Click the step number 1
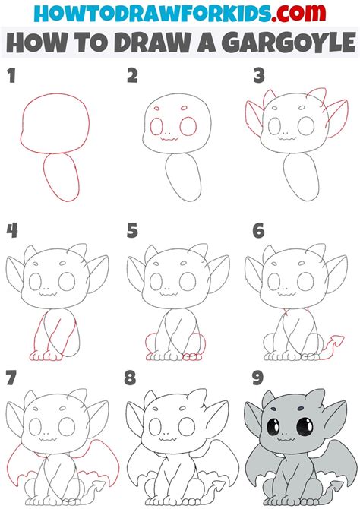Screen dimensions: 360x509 point(11,75)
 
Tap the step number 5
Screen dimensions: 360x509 point(132,231)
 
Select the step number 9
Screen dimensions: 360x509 point(257,378)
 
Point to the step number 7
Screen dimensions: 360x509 point(11,378)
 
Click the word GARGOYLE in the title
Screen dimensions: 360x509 point(289,43)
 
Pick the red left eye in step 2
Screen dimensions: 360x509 point(156,126)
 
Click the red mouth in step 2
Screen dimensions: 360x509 point(169,139)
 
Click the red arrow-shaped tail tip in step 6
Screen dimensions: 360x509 point(338,341)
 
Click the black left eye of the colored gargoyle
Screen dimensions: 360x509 point(273,426)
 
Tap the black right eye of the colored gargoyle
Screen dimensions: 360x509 point(305,426)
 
